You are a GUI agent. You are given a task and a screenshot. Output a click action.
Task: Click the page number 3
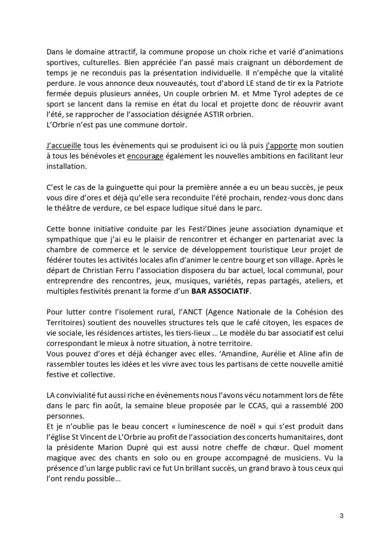pyautogui.click(x=341, y=515)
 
